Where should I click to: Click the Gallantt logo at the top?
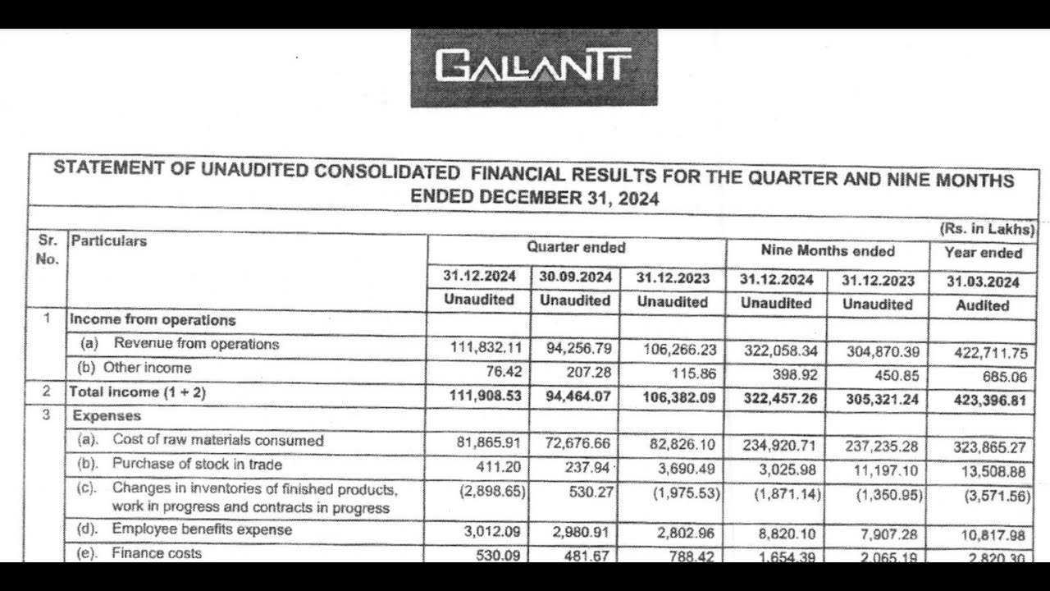(x=533, y=67)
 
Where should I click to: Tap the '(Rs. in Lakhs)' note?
(x=987, y=230)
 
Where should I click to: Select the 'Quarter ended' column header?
(x=576, y=248)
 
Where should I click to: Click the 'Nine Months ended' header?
(x=828, y=251)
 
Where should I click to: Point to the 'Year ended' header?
(x=983, y=253)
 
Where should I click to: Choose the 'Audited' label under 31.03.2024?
(x=983, y=305)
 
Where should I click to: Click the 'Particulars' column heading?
(x=109, y=241)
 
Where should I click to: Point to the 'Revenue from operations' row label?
(x=197, y=344)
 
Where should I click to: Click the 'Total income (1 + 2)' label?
(x=138, y=393)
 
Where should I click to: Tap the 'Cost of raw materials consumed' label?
(x=218, y=441)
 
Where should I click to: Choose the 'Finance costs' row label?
(x=157, y=553)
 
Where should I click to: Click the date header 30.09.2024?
(x=576, y=277)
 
